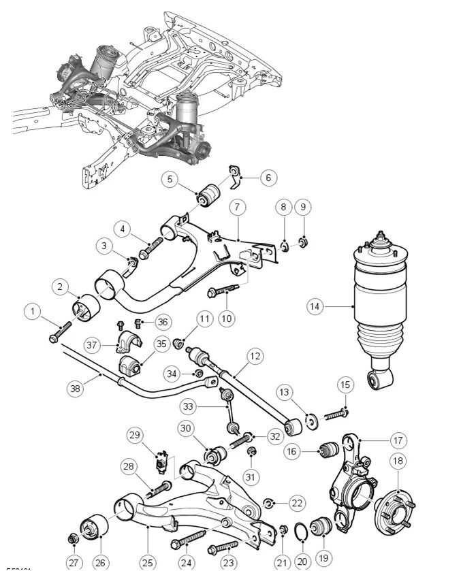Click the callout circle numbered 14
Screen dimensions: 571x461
click(314, 306)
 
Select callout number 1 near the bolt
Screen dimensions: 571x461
click(31, 312)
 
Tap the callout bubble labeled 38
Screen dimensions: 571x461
click(76, 389)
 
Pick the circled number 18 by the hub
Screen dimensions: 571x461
click(398, 460)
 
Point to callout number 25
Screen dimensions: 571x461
click(148, 562)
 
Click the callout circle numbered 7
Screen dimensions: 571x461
click(236, 207)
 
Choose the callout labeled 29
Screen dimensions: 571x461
click(134, 436)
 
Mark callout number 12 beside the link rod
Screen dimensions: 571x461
click(254, 356)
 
